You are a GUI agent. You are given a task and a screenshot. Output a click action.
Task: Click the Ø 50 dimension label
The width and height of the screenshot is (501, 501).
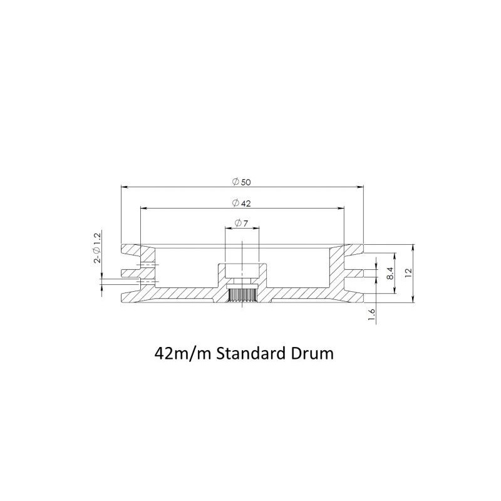[x=242, y=182]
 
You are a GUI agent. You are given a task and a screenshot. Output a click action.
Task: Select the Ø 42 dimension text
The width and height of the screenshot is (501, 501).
[x=242, y=203]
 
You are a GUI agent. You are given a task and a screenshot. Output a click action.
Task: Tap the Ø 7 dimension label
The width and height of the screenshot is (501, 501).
[x=241, y=224]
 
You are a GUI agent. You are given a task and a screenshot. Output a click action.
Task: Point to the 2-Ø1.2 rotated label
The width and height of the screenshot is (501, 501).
[x=97, y=248]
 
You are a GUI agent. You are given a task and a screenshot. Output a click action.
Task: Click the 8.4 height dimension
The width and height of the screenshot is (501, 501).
[x=390, y=274]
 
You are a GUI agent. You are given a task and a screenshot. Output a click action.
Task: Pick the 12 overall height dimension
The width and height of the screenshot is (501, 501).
[x=409, y=272]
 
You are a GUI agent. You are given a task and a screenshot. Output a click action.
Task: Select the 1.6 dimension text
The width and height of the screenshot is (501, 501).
[x=371, y=315]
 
